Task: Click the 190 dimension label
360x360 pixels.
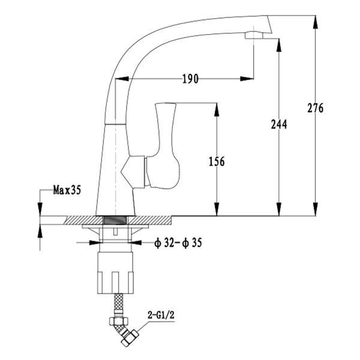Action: (190, 79)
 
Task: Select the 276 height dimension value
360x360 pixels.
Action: (316, 108)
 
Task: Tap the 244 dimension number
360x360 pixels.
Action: (279, 124)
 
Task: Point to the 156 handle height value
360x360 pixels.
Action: (217, 161)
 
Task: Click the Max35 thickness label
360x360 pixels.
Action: (67, 190)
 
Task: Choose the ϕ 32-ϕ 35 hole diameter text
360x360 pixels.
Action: (178, 242)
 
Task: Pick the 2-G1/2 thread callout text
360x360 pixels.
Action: (161, 315)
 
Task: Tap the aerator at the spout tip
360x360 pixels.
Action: (254, 35)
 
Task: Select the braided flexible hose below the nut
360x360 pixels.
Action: (118, 302)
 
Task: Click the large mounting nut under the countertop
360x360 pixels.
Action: (115, 273)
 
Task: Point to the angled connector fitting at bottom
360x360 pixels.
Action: (125, 329)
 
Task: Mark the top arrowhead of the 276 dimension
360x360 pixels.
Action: (316, 22)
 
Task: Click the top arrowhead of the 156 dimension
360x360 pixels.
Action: (216, 110)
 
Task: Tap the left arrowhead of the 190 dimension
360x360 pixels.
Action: (122, 79)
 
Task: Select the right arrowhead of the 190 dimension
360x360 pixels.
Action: (247, 79)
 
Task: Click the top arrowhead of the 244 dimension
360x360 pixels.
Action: (279, 45)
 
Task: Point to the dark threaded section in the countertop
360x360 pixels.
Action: (115, 220)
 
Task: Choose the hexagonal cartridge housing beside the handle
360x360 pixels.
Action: (133, 172)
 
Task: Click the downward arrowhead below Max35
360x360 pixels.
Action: (40, 209)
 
